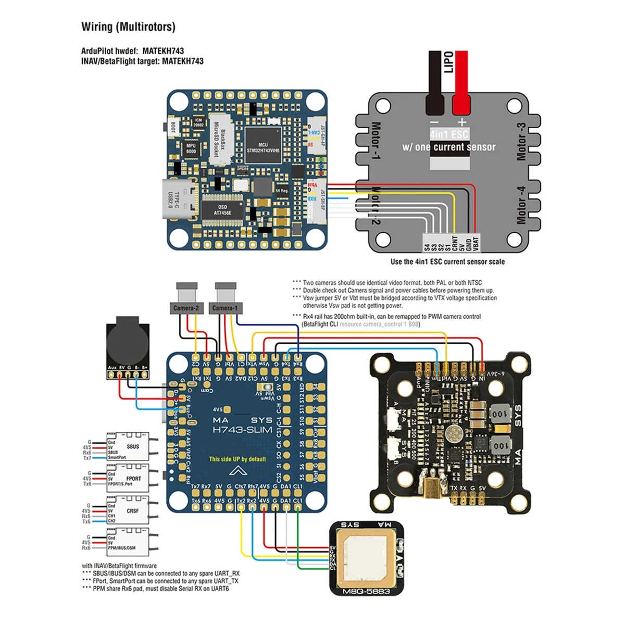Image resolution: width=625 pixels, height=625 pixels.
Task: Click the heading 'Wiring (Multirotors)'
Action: (128, 27)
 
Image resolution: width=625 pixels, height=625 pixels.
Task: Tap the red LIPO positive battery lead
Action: (460, 83)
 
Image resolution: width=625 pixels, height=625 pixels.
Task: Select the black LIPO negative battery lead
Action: (434, 83)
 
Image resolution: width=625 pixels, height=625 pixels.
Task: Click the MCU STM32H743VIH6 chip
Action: (263, 147)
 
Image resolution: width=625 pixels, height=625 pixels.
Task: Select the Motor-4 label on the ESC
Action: (520, 205)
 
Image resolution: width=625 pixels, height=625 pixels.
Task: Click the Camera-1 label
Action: (225, 308)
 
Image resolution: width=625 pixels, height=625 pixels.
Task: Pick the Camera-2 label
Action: (186, 308)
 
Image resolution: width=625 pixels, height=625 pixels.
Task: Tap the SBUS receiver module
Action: (128, 447)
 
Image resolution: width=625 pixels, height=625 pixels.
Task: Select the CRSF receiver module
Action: (128, 511)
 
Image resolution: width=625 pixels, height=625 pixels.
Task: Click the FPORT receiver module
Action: (128, 479)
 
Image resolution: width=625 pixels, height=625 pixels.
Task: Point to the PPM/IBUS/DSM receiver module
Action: (128, 542)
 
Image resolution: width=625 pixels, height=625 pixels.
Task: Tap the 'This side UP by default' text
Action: (238, 459)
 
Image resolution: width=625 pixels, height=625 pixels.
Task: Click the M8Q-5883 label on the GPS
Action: (367, 591)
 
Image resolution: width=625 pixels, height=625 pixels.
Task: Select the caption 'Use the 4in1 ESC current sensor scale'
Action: (447, 262)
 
